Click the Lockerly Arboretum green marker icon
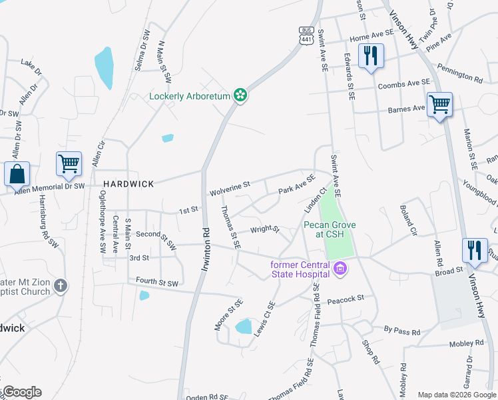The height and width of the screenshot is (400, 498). click(240, 96)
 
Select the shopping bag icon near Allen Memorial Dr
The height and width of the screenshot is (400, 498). click(17, 175)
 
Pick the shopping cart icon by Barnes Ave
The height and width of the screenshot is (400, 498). click(439, 105)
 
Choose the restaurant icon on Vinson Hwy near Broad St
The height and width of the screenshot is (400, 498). click(474, 251)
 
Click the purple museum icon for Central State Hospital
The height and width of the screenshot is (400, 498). click(341, 269)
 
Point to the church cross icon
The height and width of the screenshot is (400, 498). click(61, 285)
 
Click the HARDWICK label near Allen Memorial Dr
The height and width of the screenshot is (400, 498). click(128, 183)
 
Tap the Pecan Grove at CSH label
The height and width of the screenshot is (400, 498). click(330, 229)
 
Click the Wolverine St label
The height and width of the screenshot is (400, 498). click(230, 188)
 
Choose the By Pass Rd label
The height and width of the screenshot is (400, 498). click(402, 331)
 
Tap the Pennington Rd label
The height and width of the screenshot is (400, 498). click(459, 73)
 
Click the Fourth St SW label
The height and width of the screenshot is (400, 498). click(157, 283)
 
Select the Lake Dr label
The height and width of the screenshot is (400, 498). click(31, 66)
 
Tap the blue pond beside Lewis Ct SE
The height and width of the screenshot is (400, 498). click(244, 326)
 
